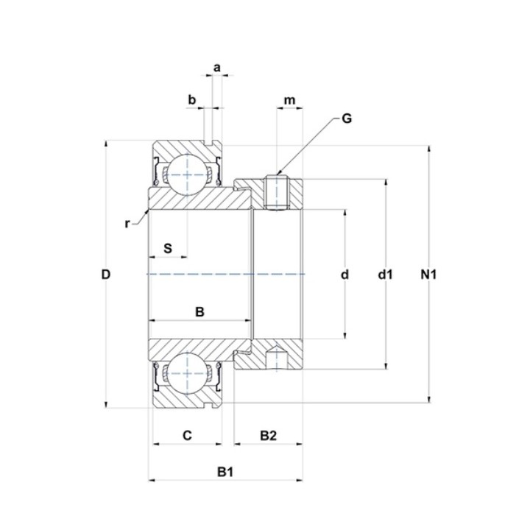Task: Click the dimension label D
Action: [x=106, y=275]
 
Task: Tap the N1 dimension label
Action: [x=428, y=275]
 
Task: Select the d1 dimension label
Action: [x=385, y=275]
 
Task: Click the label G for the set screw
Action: [x=347, y=119]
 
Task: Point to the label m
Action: [x=289, y=100]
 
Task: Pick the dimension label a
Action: [x=217, y=68]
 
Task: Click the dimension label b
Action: [x=191, y=99]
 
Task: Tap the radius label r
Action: [x=127, y=224]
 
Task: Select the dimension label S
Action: [x=168, y=249]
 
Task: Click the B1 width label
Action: [x=225, y=472]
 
